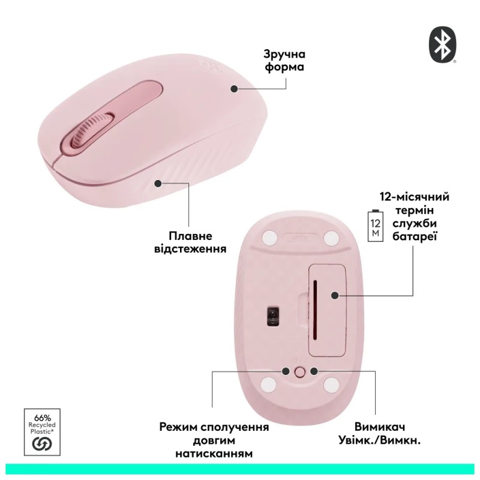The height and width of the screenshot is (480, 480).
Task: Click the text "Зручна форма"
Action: click(284, 59)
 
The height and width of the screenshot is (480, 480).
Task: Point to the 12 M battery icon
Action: click(376, 225)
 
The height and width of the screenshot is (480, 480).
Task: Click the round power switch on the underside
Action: click(300, 372)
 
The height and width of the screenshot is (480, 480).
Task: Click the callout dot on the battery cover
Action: click(335, 295)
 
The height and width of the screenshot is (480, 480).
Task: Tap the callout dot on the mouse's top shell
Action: click(234, 88)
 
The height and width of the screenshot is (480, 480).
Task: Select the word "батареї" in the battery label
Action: click(415, 237)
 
